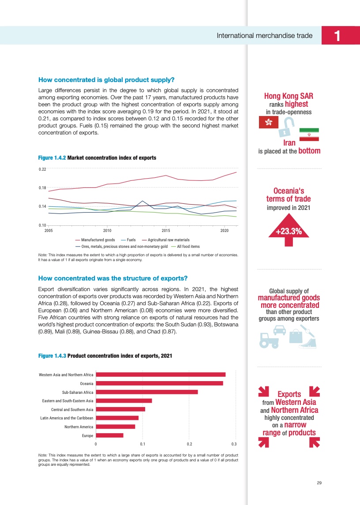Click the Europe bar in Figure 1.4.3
point(109,435)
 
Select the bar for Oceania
point(159,383)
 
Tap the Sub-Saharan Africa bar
point(147,392)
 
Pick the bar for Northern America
point(116,426)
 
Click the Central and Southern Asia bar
point(120,409)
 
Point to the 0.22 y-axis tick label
point(42,169)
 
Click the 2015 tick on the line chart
point(166,230)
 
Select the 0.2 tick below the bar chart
point(188,443)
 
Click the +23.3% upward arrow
point(289,230)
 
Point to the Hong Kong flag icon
point(268,122)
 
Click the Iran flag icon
point(309,134)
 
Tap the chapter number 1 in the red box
point(337,35)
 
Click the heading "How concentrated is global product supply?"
point(107,80)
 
